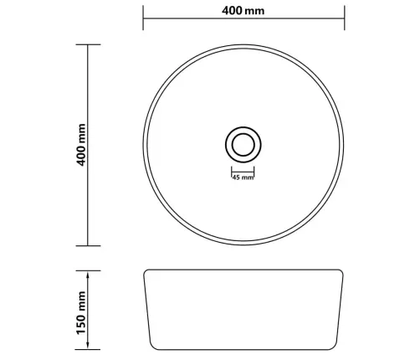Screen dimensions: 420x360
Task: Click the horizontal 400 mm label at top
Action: click(243, 11)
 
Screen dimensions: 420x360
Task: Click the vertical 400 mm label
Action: click(81, 145)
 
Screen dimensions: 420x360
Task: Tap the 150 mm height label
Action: click(81, 312)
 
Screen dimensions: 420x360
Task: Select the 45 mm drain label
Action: click(243, 177)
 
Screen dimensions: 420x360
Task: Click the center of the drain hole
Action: click(243, 145)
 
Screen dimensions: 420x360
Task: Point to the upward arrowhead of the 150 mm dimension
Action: click(88, 276)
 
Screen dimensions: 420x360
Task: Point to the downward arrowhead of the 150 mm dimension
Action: click(88, 344)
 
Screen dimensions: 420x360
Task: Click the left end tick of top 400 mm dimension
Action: click(143, 18)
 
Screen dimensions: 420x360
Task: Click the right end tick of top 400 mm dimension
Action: click(345, 18)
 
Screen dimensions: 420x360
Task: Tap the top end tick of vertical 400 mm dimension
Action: click(88, 44)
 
